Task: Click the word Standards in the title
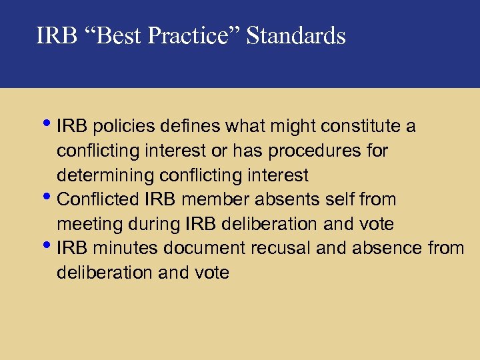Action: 296,35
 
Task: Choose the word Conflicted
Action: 98,200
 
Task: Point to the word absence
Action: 389,249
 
